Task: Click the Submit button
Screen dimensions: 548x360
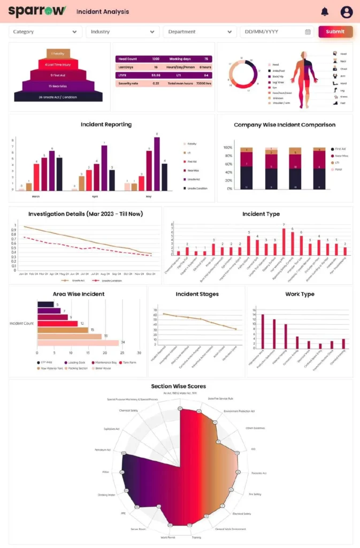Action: (335, 32)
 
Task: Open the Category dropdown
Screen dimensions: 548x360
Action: (45, 32)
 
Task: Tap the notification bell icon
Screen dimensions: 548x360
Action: (325, 11)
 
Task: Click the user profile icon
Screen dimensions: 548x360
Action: (347, 11)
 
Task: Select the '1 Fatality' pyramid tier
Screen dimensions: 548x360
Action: (58, 54)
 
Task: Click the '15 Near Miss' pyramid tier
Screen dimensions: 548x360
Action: (58, 86)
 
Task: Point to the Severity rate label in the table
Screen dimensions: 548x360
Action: (129, 83)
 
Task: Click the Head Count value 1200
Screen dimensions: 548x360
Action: (155, 59)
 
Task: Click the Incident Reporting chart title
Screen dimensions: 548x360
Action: (106, 125)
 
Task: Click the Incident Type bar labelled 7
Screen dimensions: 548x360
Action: (284, 241)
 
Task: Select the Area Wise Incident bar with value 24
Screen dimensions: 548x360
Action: (78, 342)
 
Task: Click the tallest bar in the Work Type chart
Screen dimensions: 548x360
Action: (263, 332)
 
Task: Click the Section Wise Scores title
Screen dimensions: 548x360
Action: (178, 386)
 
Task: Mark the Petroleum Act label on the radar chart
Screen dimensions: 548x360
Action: (102, 450)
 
